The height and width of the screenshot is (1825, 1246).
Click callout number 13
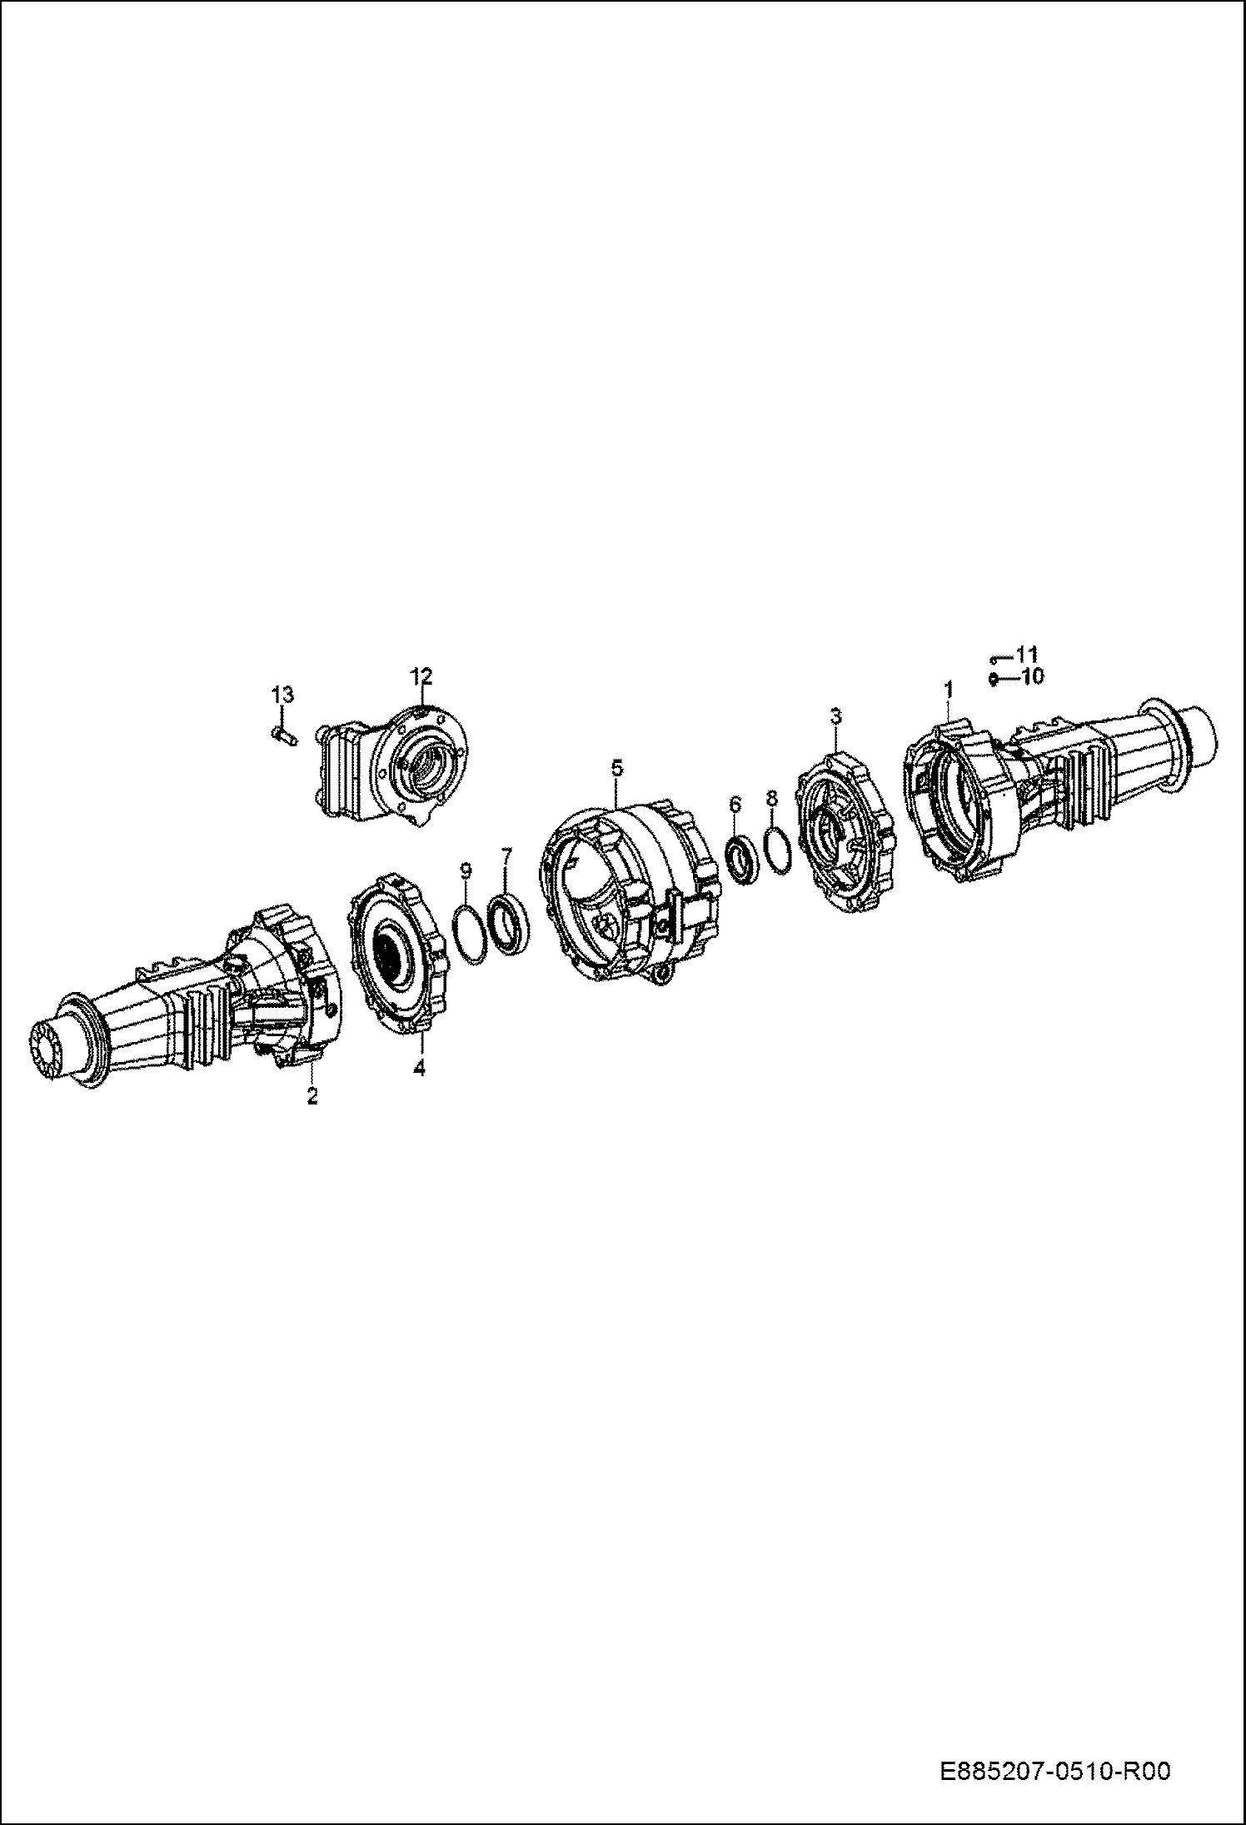(282, 694)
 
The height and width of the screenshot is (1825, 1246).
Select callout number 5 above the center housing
(616, 767)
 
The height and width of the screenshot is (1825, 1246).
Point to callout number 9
(466, 870)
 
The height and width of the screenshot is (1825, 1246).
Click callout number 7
(506, 855)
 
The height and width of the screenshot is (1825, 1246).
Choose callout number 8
(771, 797)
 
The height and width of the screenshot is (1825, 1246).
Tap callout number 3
(835, 716)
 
